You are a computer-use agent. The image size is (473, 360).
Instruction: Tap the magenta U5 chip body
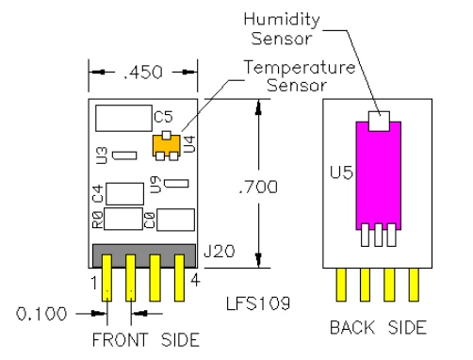pos(378,174)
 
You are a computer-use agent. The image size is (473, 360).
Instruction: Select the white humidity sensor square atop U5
pos(378,120)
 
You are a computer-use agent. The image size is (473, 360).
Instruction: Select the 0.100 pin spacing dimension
pos(41,313)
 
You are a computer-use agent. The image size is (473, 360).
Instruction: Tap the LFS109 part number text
pos(255,303)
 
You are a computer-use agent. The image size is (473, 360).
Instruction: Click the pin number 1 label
pos(94,279)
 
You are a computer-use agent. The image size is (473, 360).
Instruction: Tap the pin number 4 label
pos(193,279)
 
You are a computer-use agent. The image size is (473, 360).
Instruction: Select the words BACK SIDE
pos(378,329)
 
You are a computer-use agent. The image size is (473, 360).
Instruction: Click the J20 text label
pos(216,253)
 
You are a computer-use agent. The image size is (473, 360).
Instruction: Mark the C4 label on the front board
pos(96,195)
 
